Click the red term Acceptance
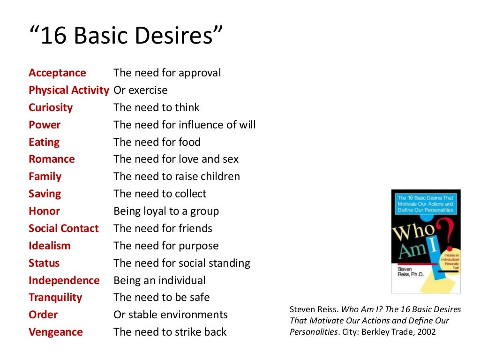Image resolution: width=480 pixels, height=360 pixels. pos(57,73)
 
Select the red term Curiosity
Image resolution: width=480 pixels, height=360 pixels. pos(51,108)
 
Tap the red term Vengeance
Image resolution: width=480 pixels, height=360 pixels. pos(55,332)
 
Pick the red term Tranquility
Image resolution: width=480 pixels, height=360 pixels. pos(55,298)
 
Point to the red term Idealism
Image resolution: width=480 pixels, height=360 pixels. pos(49,246)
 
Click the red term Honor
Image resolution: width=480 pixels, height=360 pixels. pos(44,211)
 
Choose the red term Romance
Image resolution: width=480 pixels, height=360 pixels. pos(52,159)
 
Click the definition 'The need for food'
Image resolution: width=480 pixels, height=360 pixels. pos(157,142)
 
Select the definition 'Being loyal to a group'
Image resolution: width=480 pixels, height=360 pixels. pos(166,211)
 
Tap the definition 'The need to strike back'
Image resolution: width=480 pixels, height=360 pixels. pos(170,332)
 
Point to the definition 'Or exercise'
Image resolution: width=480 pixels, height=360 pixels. pos(140,90)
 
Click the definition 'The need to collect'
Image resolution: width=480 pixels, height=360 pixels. pos(159,194)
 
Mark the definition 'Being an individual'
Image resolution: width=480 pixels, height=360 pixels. pos(159,281)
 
